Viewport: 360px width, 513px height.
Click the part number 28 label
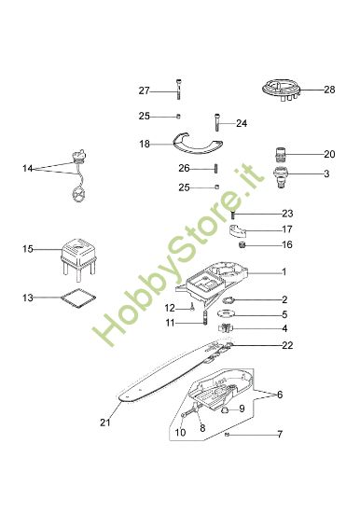[328, 90]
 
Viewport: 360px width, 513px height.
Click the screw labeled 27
[177, 90]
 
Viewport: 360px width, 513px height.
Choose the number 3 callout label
[325, 173]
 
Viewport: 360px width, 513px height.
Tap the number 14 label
[28, 169]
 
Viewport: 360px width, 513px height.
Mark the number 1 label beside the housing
[284, 273]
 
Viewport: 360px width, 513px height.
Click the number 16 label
[286, 245]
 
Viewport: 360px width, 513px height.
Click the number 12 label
[170, 307]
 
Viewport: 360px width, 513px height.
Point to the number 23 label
[286, 214]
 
